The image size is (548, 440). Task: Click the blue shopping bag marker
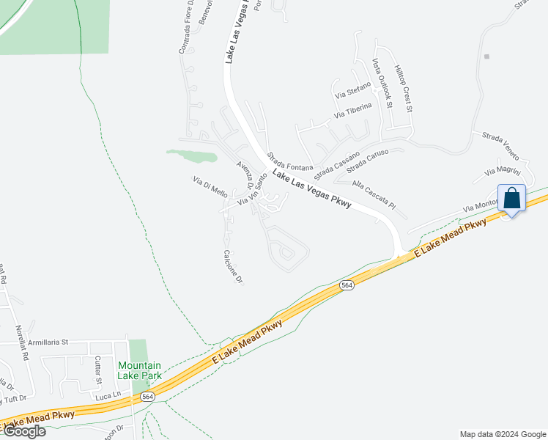click(512, 198)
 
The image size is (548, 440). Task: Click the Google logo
click(24, 431)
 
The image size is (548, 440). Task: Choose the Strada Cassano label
click(337, 166)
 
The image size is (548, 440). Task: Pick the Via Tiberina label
click(353, 111)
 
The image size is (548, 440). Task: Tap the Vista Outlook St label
click(382, 83)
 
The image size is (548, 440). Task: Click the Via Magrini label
click(501, 172)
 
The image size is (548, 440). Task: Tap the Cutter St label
click(97, 371)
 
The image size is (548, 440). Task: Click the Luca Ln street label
click(107, 396)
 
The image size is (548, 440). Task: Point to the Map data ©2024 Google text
click(502, 434)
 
